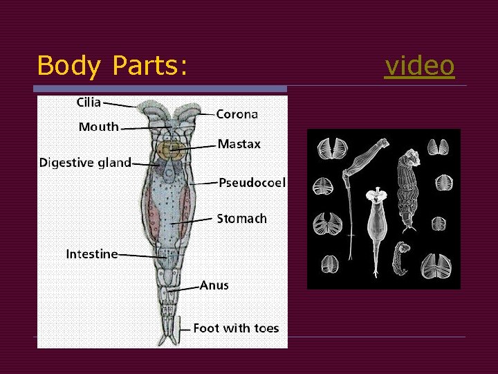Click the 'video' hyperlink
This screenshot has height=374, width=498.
[420, 66]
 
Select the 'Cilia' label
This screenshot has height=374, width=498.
[89, 103]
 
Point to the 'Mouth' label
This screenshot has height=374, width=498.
[98, 127]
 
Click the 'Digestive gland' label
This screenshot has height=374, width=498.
[85, 163]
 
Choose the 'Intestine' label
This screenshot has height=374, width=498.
[91, 254]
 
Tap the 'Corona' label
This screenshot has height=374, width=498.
[237, 114]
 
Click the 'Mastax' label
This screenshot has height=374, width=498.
[239, 144]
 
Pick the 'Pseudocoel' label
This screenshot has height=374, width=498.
[252, 183]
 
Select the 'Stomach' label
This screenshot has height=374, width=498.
[241, 219]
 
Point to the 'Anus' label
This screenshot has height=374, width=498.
[214, 285]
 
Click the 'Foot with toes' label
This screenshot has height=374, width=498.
[236, 328]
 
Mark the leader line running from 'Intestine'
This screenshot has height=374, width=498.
[141, 256]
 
